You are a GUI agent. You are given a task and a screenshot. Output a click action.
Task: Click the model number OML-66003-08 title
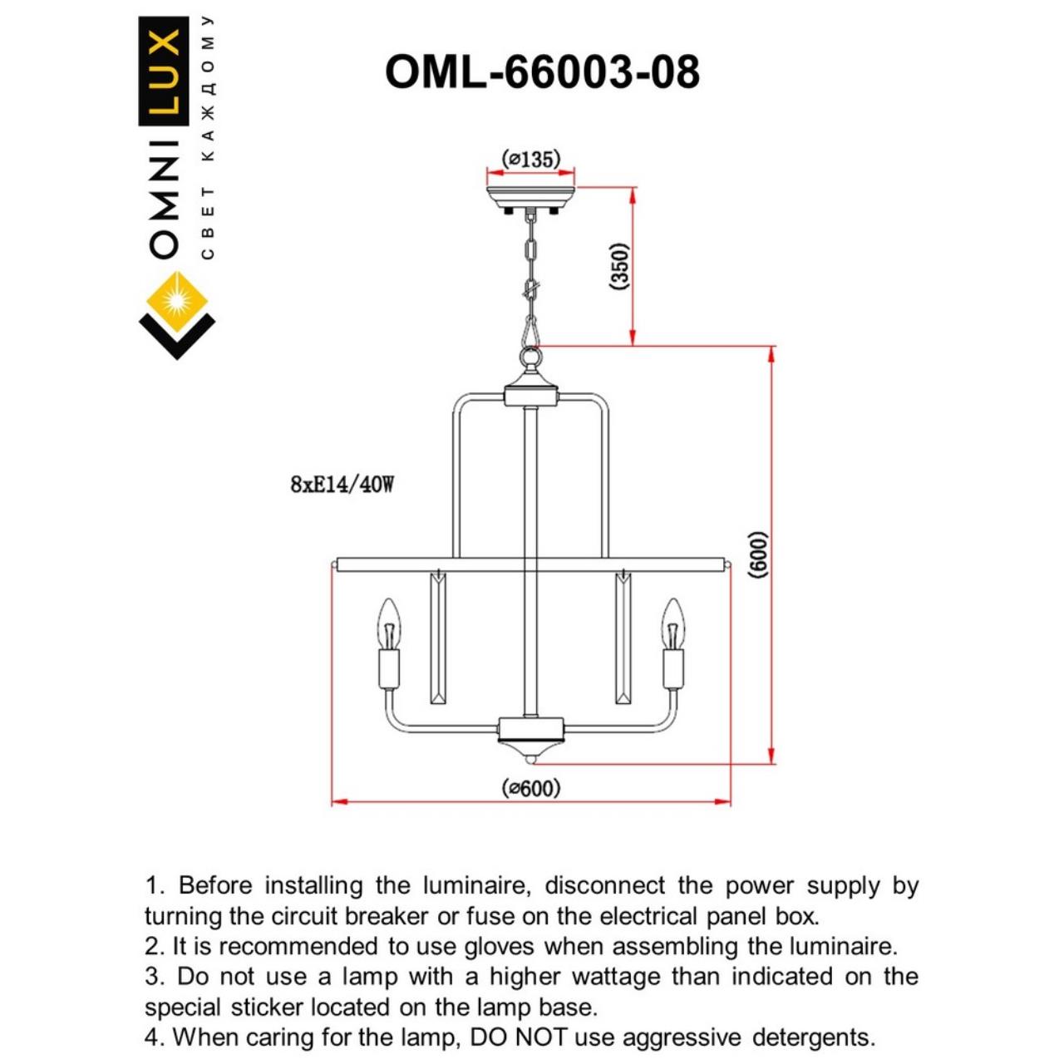(x=542, y=72)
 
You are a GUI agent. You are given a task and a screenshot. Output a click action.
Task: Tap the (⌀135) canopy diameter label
(x=531, y=159)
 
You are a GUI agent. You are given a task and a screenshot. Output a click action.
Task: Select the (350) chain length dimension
(x=620, y=266)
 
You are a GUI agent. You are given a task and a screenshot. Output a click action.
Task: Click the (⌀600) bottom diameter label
(x=531, y=787)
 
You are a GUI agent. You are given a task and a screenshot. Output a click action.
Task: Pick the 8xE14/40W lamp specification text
(x=342, y=484)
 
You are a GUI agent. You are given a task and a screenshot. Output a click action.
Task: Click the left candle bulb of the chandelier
(x=388, y=625)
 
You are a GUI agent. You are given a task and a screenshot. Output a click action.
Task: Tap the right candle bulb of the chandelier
(x=672, y=625)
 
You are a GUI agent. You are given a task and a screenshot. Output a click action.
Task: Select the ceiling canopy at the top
(x=530, y=199)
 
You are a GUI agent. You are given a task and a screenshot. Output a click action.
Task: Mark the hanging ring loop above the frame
(x=530, y=357)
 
